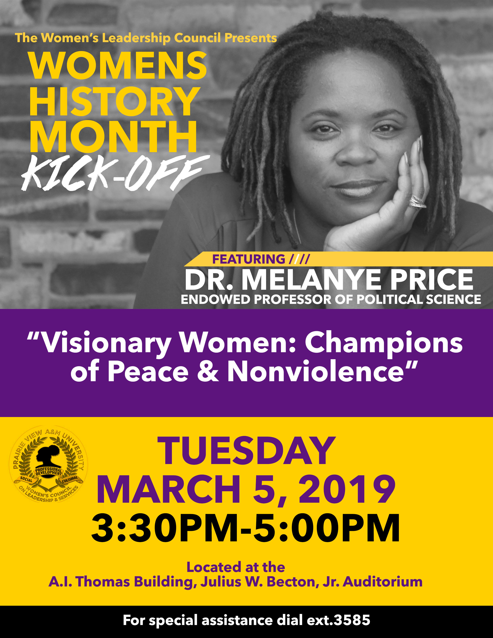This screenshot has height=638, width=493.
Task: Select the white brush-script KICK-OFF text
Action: [x=115, y=173]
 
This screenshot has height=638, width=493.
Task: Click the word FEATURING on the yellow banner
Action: [x=249, y=259]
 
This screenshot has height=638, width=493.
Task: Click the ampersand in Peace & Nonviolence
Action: [x=208, y=371]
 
